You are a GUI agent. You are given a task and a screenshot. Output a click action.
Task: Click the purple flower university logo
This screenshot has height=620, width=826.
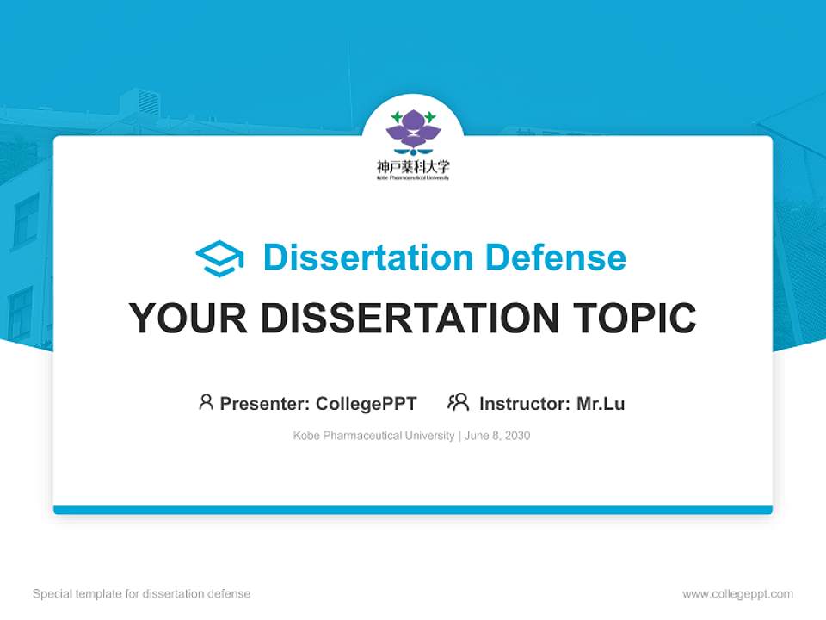(x=413, y=129)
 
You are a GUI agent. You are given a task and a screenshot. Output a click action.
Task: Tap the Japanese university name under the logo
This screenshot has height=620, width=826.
(x=413, y=166)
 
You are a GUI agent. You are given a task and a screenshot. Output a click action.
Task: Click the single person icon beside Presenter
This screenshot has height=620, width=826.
(x=206, y=402)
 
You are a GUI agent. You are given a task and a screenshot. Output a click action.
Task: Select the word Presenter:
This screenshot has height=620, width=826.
(x=265, y=403)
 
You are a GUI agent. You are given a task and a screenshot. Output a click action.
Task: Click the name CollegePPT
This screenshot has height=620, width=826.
(x=367, y=403)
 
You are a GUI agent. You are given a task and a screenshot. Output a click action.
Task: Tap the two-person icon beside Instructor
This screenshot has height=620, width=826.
(x=459, y=402)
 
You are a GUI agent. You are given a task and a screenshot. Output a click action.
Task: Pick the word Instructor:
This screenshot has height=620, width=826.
(x=525, y=403)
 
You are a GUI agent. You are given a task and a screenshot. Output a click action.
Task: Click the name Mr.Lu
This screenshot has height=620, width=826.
(x=601, y=403)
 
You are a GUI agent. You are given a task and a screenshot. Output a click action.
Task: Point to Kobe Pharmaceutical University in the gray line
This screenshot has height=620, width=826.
(x=373, y=436)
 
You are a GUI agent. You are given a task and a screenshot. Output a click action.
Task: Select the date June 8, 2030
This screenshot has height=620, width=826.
(x=497, y=436)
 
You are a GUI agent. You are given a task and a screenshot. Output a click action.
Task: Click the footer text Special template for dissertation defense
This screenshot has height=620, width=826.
(x=142, y=594)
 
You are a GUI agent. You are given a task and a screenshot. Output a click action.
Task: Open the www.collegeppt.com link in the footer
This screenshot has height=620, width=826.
(x=737, y=594)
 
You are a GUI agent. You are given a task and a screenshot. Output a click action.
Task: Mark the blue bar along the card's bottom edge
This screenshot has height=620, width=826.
(x=413, y=510)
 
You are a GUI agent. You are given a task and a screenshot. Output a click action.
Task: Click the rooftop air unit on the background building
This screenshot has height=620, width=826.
(x=139, y=102)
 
